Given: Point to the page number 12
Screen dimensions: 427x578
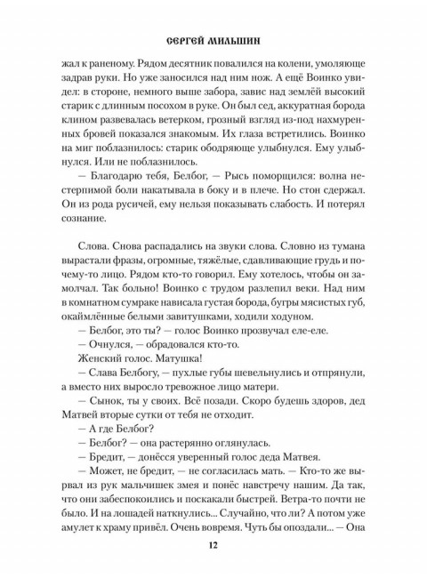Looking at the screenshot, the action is [x=213, y=545].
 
